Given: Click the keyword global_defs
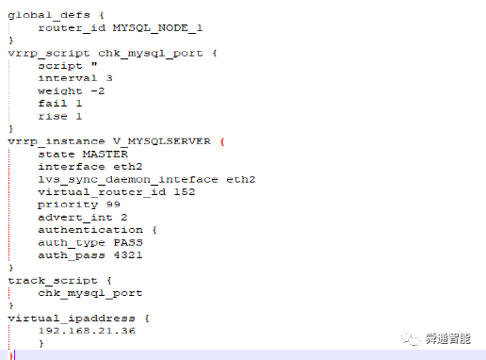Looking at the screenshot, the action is click(49, 15).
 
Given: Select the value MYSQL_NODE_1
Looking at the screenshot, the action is click(157, 28).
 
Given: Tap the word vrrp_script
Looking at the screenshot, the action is click(49, 54).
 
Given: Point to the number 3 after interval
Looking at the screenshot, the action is click(109, 78).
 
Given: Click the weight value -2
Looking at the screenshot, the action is click(98, 91).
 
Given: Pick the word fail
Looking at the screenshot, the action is click(53, 104).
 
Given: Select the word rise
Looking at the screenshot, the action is click(53, 117).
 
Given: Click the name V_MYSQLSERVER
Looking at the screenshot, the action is click(162, 141).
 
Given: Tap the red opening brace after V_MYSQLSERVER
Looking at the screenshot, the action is click(222, 141).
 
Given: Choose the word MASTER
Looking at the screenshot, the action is click(105, 155).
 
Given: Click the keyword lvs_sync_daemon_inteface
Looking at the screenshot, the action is click(128, 180).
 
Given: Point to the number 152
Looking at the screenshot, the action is click(185, 192).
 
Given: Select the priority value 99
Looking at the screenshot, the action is click(113, 205).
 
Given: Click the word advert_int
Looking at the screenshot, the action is click(75, 218).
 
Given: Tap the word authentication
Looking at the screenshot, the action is click(90, 230).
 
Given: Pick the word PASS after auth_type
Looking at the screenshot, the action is click(128, 242).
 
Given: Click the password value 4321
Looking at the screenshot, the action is click(128, 255).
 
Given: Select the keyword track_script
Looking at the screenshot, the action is click(53, 281).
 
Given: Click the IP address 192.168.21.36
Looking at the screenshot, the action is click(87, 331).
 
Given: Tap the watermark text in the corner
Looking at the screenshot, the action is click(448, 338).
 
